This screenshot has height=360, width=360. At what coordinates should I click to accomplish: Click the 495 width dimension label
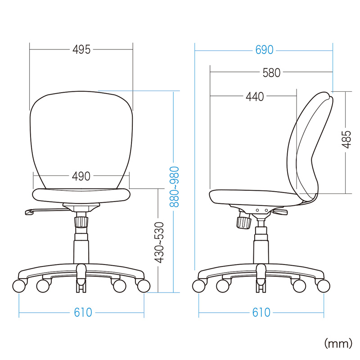click(81, 49)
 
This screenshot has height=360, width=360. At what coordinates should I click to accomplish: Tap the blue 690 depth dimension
click(264, 50)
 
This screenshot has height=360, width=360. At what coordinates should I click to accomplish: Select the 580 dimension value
click(271, 72)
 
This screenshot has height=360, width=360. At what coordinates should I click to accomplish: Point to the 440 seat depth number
click(255, 97)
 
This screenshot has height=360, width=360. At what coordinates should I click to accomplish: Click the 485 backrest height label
click(346, 139)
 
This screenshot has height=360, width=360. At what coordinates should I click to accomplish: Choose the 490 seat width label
click(81, 176)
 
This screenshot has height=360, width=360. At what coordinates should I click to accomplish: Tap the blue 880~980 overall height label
click(174, 187)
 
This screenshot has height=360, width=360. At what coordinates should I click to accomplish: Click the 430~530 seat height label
click(159, 242)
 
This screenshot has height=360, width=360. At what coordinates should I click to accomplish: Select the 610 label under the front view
click(83, 312)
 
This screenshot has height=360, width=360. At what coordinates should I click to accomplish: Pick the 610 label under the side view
click(261, 312)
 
